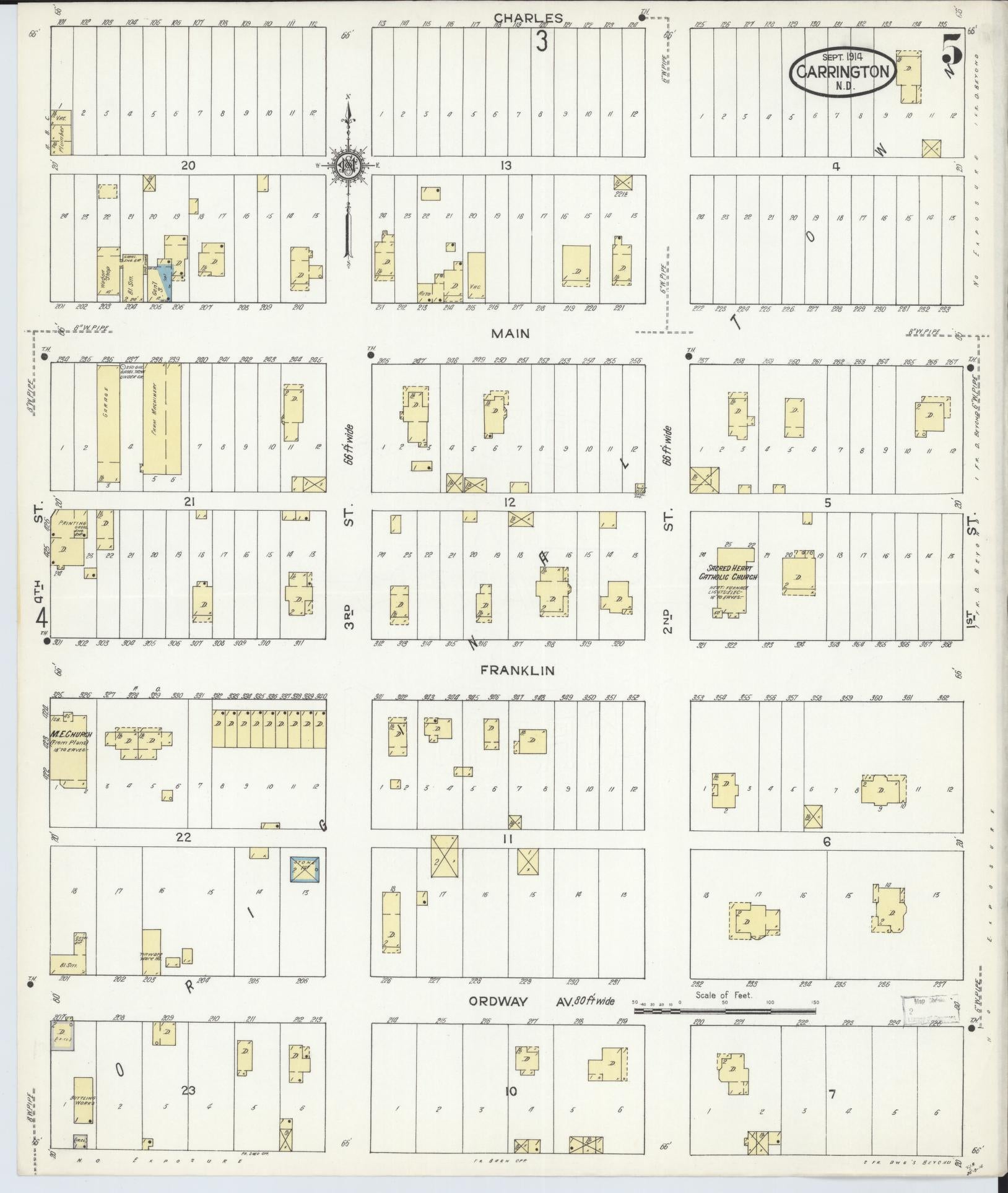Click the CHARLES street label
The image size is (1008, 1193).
(x=528, y=18)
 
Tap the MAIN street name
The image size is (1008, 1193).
(x=510, y=334)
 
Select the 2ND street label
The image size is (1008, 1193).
(x=667, y=622)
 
